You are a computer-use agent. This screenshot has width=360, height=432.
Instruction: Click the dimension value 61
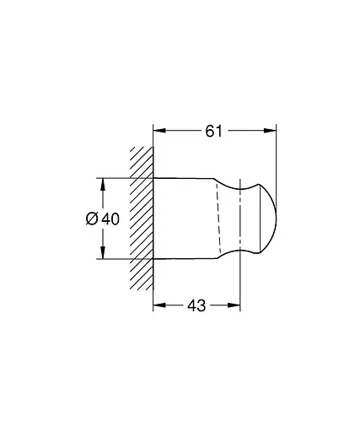(x=215, y=131)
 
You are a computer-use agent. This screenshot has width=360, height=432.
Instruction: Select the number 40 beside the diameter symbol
(x=110, y=219)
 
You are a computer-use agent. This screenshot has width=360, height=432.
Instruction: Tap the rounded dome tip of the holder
(x=268, y=218)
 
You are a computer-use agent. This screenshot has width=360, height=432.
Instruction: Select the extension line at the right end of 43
(x=241, y=283)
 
